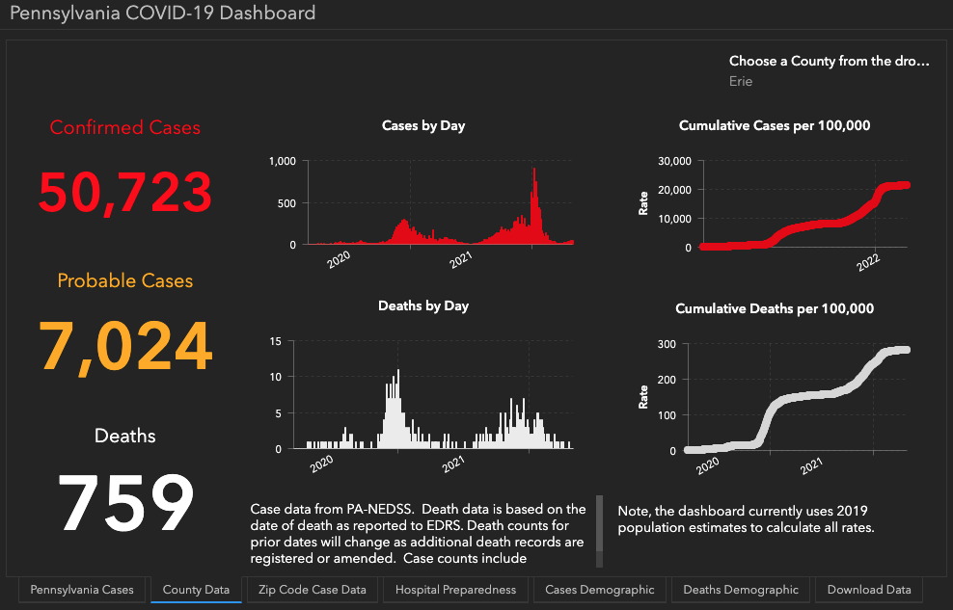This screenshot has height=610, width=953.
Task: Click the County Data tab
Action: click(x=196, y=590)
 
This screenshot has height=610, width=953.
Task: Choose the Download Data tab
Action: click(x=868, y=590)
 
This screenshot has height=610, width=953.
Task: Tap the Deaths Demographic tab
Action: click(x=741, y=590)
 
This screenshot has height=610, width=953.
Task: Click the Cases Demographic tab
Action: click(x=600, y=590)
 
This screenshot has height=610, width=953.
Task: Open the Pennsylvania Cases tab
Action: click(x=84, y=590)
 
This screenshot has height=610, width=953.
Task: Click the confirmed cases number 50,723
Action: click(x=125, y=192)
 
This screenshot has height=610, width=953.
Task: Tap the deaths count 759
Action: click(x=125, y=502)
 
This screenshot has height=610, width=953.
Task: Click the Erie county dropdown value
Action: click(x=741, y=82)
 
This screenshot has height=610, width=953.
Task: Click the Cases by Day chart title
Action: click(x=423, y=126)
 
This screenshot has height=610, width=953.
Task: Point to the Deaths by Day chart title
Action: click(x=423, y=306)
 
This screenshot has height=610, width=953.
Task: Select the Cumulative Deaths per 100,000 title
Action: click(x=775, y=309)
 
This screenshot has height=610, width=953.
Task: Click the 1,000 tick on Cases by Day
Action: click(x=282, y=161)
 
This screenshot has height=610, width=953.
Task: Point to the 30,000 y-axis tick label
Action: click(x=674, y=161)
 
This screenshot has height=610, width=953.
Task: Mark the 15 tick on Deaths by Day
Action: click(x=275, y=341)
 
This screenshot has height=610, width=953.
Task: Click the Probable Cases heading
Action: click(x=125, y=281)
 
